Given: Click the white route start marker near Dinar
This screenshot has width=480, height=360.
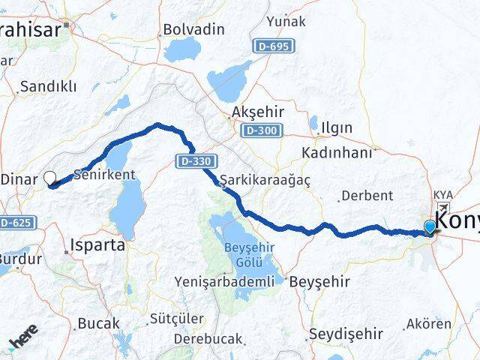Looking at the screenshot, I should coord(50,178).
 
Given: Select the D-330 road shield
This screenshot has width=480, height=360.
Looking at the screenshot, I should coord(198,160).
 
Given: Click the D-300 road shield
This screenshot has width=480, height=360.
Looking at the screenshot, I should coord(261,130).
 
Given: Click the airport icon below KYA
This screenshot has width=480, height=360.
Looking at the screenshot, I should coord(443,208).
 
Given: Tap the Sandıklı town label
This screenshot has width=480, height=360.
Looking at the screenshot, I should coord(49,86).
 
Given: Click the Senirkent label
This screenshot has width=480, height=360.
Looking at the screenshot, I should coord(105,174).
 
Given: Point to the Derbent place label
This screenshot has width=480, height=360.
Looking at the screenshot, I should coord(367,196).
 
